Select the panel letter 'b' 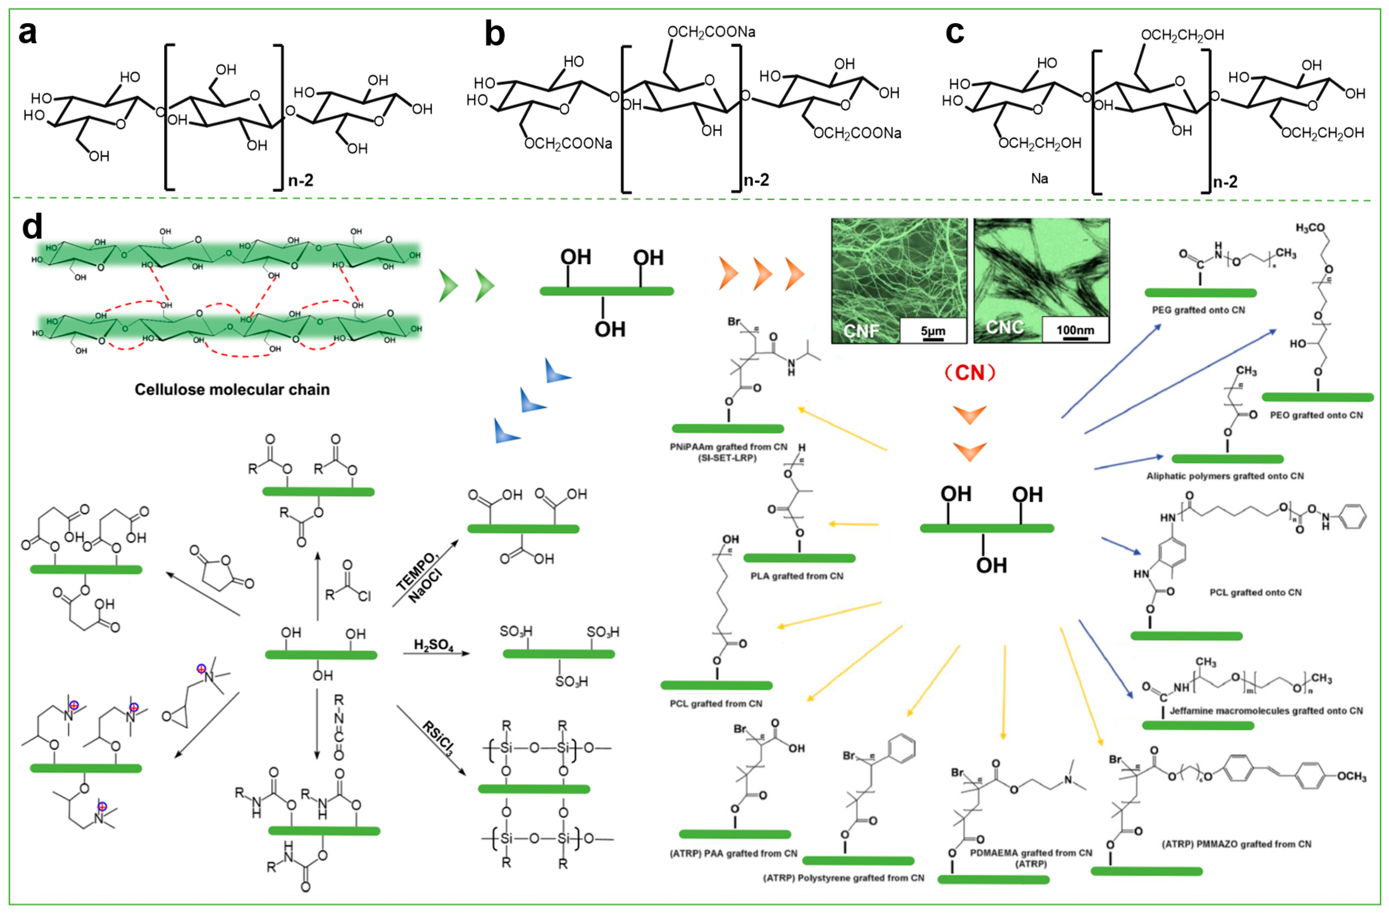coord(494,34)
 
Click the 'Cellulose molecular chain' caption coord(232,390)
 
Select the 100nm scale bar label coord(1075,330)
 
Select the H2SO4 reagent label coord(433,645)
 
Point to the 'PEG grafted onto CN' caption coord(1198,310)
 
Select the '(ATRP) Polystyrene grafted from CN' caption coord(843,878)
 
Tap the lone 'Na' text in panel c coord(1039,178)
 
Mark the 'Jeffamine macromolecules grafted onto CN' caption coord(1266,711)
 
